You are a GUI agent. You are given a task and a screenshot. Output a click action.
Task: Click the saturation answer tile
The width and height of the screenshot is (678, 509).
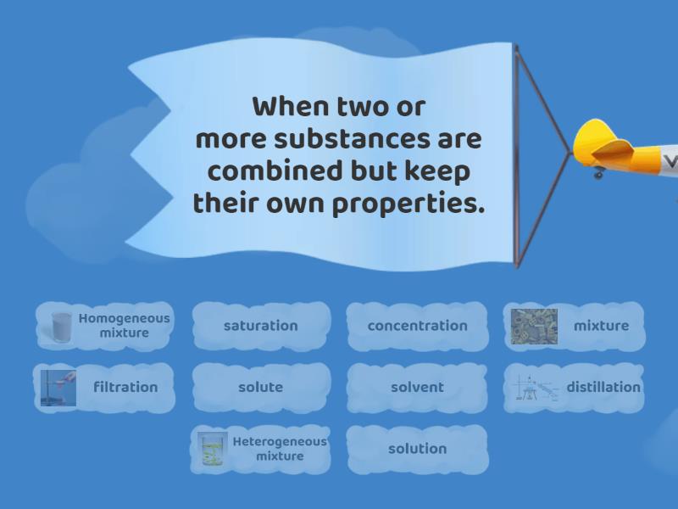click(260, 326)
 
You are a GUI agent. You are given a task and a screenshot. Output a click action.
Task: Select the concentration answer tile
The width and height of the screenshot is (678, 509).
click(417, 326)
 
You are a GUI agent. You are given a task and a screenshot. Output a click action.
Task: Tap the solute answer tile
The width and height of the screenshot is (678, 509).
click(260, 387)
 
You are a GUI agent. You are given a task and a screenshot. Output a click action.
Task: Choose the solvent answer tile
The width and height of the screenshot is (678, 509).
click(417, 387)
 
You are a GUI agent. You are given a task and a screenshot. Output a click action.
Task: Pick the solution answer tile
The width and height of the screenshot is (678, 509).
click(417, 449)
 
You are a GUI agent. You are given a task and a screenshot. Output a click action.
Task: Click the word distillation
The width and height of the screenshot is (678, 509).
click(603, 387)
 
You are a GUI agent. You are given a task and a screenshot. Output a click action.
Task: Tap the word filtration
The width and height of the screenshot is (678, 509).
click(125, 387)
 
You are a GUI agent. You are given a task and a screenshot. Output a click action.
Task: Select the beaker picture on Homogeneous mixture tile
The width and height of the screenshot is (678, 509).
click(62, 327)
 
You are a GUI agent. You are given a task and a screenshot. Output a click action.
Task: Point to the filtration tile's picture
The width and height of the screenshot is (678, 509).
click(58, 388)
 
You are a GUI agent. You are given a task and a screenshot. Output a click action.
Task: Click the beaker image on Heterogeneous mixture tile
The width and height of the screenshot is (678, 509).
click(212, 450)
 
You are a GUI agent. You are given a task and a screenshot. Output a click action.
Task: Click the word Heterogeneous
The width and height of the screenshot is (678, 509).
click(279, 442)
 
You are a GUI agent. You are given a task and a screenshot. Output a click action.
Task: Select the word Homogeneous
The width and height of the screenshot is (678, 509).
click(124, 319)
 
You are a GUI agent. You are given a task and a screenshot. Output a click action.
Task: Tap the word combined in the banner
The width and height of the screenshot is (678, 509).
click(271, 172)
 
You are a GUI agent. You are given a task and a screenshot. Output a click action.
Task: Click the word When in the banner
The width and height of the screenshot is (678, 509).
click(288, 108)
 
